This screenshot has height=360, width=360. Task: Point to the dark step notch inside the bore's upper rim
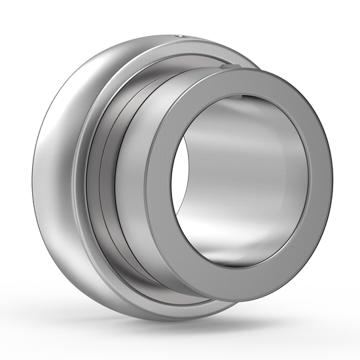pyautogui.click(x=245, y=98)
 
